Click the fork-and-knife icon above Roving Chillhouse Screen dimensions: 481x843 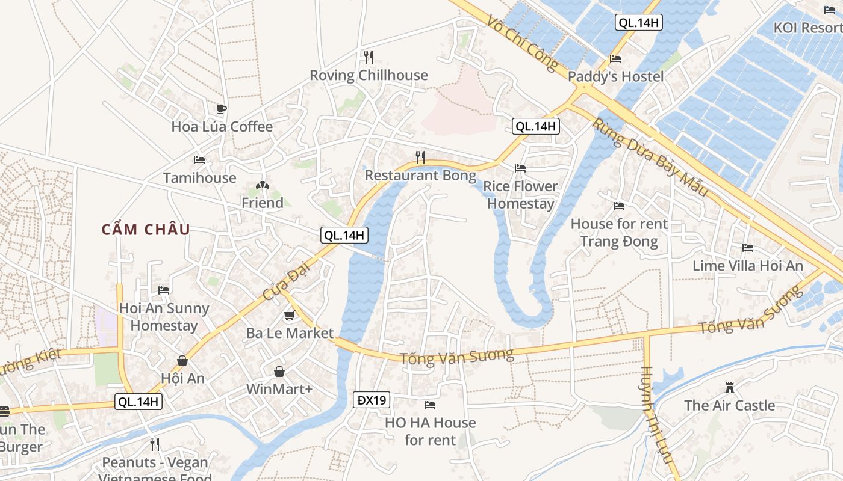pyautogui.click(x=369, y=57)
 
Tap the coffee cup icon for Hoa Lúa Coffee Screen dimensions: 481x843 pyautogui.click(x=222, y=109)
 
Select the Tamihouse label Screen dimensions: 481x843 pyautogui.click(x=199, y=178)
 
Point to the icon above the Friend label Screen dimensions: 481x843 pyautogui.click(x=262, y=185)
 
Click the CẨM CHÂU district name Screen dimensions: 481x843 pyautogui.click(x=146, y=230)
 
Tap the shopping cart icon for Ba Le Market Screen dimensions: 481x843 pyautogui.click(x=290, y=315)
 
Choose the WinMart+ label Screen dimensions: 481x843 pyautogui.click(x=279, y=389)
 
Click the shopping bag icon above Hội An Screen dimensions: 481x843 pyautogui.click(x=182, y=361)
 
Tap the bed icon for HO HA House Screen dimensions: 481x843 pyautogui.click(x=430, y=405)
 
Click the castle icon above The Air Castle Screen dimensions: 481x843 pyautogui.click(x=730, y=387)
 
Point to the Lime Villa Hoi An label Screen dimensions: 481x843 pyautogui.click(x=748, y=266)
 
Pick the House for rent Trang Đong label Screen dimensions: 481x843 pyautogui.click(x=619, y=233)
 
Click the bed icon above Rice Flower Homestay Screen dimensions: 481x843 pyautogui.click(x=520, y=168)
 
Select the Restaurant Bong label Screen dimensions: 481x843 pyautogui.click(x=420, y=176)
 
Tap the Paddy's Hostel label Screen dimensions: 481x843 pyautogui.click(x=615, y=76)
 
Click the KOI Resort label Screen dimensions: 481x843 pyautogui.click(x=807, y=28)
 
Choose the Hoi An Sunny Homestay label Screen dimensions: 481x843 pyautogui.click(x=164, y=317)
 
